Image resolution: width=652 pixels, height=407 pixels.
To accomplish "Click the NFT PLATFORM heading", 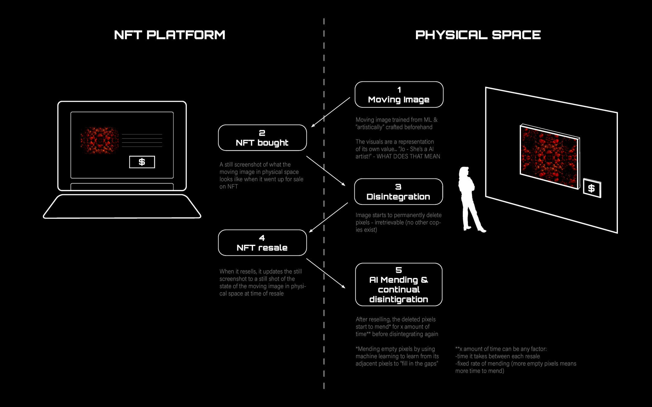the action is [170, 35].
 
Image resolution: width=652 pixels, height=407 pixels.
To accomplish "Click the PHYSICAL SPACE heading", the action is [478, 35].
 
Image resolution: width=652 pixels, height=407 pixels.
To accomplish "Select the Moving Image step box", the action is [399, 95].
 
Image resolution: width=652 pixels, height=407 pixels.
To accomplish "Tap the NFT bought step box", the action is [262, 138].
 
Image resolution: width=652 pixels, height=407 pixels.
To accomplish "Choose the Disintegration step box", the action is [398, 192].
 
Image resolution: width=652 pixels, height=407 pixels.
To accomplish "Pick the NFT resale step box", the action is [262, 243].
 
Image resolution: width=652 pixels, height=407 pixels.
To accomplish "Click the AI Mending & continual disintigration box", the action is [399, 285].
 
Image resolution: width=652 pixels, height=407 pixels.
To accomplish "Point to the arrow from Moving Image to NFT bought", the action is [331, 112].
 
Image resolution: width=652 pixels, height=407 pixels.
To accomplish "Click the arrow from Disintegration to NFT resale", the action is [328, 217].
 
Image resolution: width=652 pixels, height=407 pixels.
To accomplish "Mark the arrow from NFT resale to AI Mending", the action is [326, 273].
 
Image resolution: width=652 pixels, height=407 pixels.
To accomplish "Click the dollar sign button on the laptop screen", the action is [142, 162].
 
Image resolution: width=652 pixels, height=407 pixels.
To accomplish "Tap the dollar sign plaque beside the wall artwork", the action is [592, 188].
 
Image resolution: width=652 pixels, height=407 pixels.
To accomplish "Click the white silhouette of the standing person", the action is [469, 199].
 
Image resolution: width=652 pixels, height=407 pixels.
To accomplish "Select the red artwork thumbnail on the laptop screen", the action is [99, 140].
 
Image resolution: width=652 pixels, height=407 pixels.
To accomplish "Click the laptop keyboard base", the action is [122, 207].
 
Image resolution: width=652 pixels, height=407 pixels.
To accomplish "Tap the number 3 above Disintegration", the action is [398, 187].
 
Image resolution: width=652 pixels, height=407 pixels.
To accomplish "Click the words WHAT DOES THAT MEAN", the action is [408, 156].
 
